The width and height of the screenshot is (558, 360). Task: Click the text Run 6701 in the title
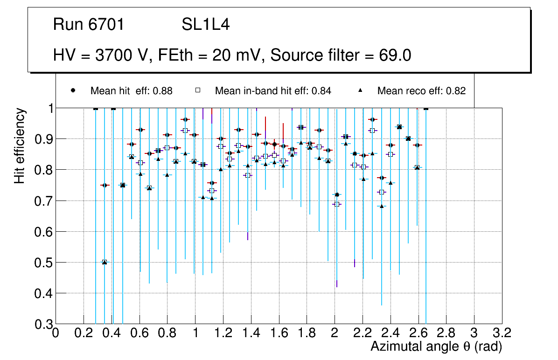89,25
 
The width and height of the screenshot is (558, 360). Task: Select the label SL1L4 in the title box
205,25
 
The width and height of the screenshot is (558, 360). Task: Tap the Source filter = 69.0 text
341,55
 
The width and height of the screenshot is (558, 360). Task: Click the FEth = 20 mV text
212,55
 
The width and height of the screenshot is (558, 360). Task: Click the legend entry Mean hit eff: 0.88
131,91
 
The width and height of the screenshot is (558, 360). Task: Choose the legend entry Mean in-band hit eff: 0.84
273,91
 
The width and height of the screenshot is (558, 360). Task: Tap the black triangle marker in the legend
360,90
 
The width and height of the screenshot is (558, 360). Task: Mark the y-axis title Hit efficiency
20,145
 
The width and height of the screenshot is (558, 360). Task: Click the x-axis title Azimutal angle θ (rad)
436,347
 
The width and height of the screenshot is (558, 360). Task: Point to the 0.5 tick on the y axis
43,263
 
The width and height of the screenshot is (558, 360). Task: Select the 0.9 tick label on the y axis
43,139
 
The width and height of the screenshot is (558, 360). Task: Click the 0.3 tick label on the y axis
43,324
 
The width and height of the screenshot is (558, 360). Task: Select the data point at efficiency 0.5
105,262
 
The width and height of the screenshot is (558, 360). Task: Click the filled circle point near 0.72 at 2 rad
337,194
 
